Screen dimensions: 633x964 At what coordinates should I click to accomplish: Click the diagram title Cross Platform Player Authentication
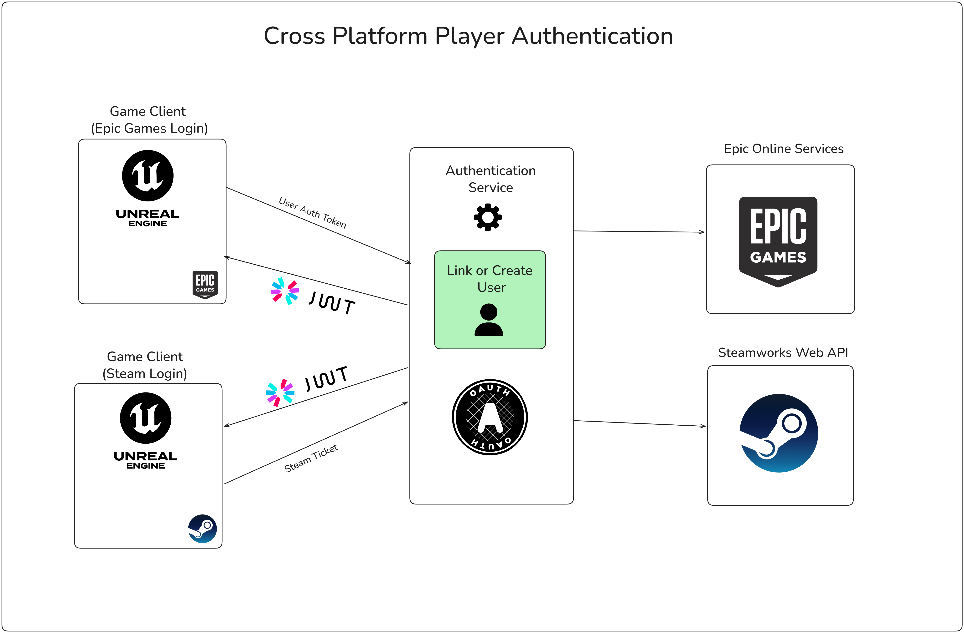click(468, 36)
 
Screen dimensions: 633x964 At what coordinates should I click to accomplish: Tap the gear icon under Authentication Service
click(488, 217)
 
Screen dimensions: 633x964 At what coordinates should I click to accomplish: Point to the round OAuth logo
click(490, 417)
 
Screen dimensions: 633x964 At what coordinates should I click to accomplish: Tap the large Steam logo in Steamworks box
click(779, 433)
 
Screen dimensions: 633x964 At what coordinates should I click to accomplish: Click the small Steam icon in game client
click(203, 529)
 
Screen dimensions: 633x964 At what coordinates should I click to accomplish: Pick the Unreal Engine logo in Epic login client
click(148, 188)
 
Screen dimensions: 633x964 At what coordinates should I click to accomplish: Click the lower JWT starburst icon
click(280, 392)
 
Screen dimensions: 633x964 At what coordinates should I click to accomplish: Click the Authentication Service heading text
click(490, 179)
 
